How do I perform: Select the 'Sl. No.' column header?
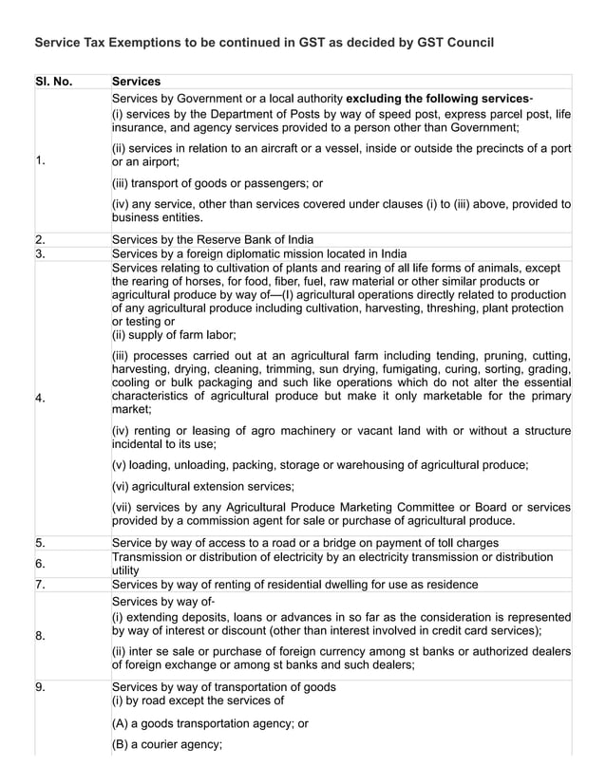(54, 82)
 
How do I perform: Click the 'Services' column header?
(136, 82)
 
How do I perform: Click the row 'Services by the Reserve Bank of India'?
(213, 239)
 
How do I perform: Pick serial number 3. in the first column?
(41, 253)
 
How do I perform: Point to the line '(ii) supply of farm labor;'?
(175, 334)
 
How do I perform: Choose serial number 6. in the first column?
(41, 564)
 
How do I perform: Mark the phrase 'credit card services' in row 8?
(483, 630)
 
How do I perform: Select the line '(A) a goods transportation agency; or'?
(210, 723)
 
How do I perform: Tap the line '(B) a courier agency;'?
(167, 744)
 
